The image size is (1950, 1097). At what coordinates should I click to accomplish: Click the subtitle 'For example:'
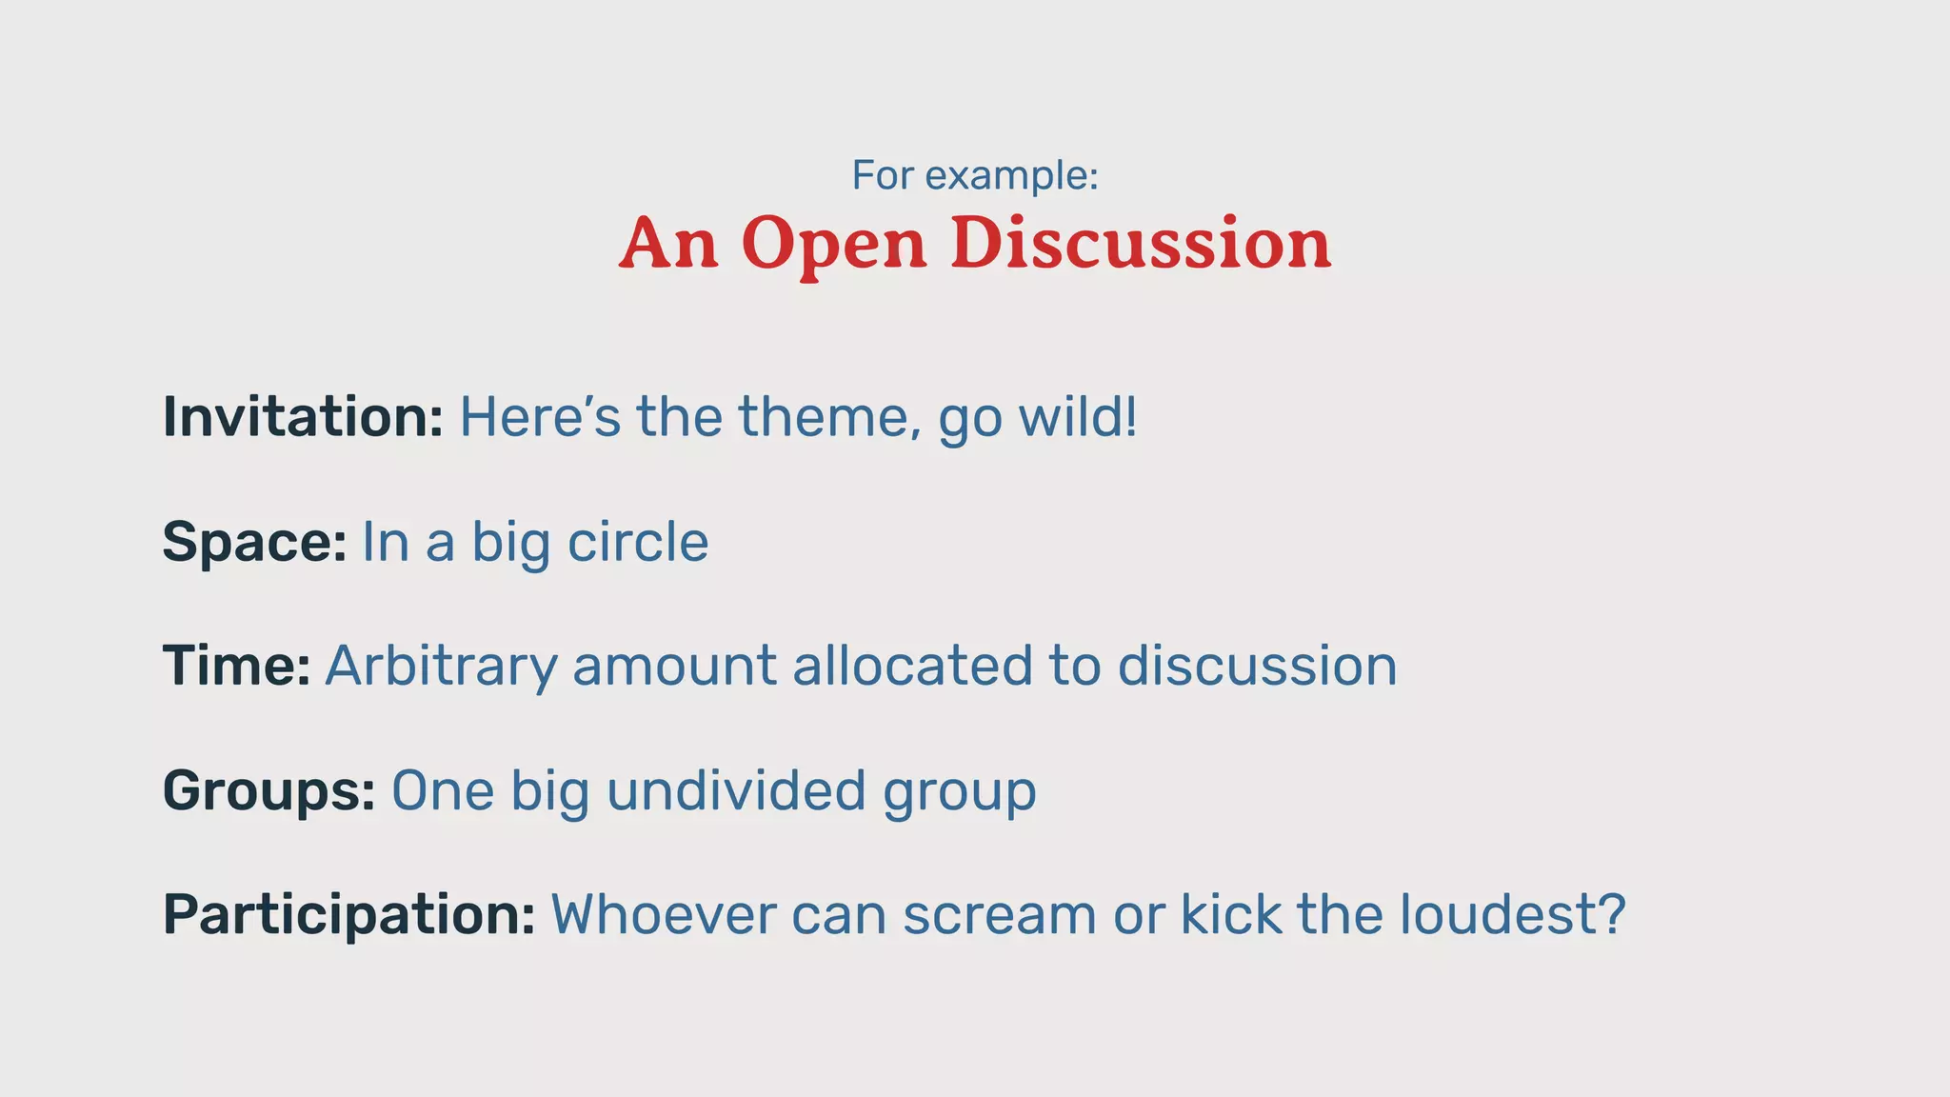point(975,176)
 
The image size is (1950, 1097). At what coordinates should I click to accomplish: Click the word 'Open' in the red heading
point(834,245)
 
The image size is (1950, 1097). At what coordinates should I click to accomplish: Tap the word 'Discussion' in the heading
point(1141,243)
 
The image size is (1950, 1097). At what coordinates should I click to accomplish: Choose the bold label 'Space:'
point(254,543)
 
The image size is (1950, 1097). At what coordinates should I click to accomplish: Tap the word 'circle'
point(638,542)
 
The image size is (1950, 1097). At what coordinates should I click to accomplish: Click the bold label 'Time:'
point(236,666)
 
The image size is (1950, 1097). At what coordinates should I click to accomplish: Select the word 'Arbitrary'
point(441,667)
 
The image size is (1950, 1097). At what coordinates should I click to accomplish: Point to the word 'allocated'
point(912,666)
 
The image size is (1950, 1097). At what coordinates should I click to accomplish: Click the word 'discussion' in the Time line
point(1257,666)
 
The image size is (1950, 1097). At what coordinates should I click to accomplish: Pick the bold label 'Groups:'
point(269,791)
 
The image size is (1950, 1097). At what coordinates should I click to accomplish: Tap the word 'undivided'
point(736,790)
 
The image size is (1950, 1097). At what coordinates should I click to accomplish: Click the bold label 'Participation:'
point(349,915)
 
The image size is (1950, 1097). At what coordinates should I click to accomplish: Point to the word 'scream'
point(1000,915)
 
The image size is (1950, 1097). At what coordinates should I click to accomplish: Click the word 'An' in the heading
point(668,243)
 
